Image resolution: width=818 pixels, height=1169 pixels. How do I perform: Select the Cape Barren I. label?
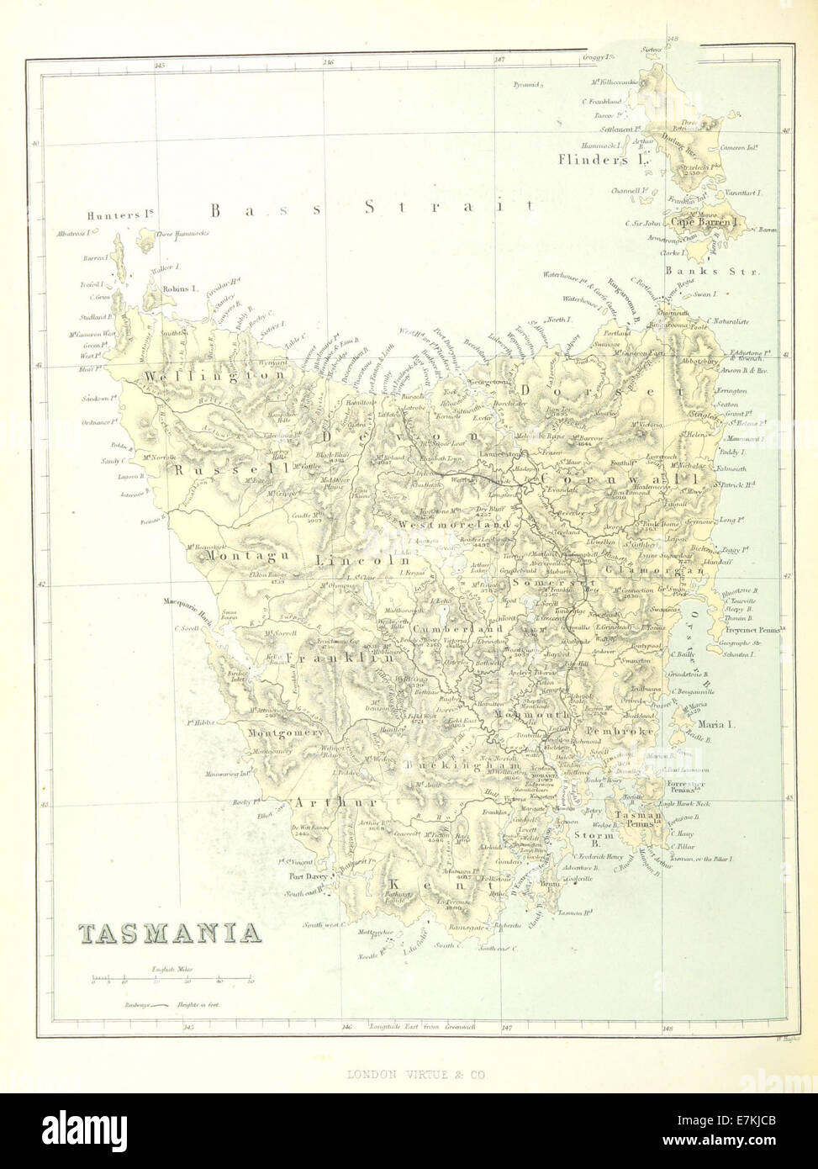pos(705,223)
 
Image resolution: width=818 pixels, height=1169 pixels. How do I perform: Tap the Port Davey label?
pos(307,875)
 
